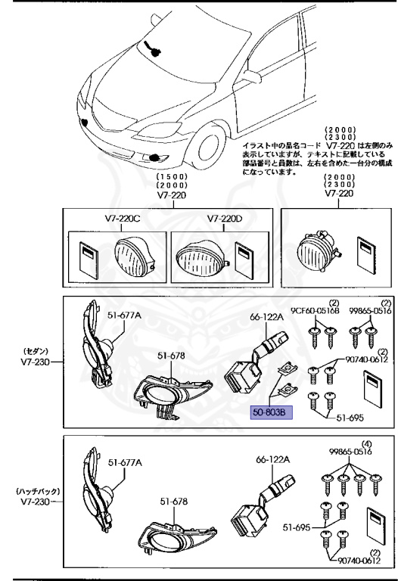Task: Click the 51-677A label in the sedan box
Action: coord(124,314)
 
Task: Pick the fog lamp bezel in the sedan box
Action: coord(161,393)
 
